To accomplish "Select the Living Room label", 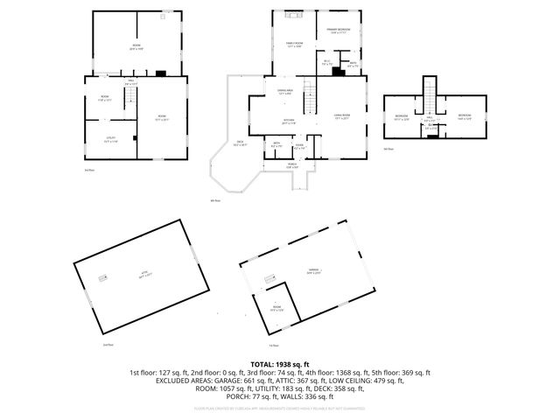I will coord(340,116).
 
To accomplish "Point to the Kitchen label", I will coord(288,121).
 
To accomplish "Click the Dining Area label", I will coord(284,91).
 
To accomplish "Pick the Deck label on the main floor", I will coord(239,143).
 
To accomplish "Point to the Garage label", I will coord(311,271).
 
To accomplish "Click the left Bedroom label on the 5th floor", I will coord(402,116).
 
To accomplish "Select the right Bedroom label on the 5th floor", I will coord(464,116).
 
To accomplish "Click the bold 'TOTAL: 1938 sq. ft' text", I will coord(280,364).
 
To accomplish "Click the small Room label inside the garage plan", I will coord(278,307).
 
